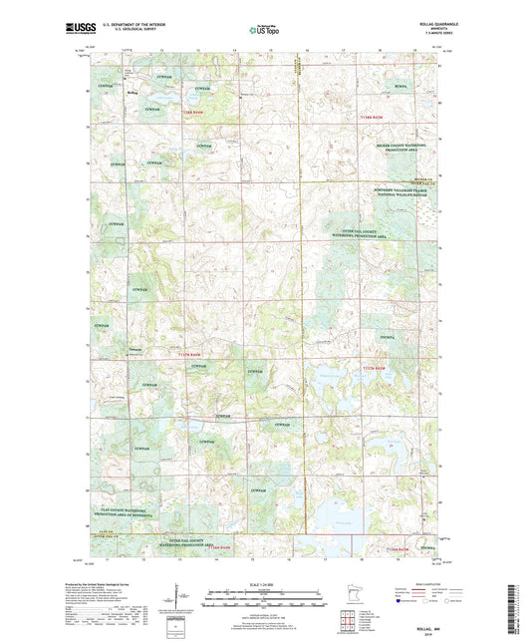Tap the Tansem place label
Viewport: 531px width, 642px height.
coord(134,352)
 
